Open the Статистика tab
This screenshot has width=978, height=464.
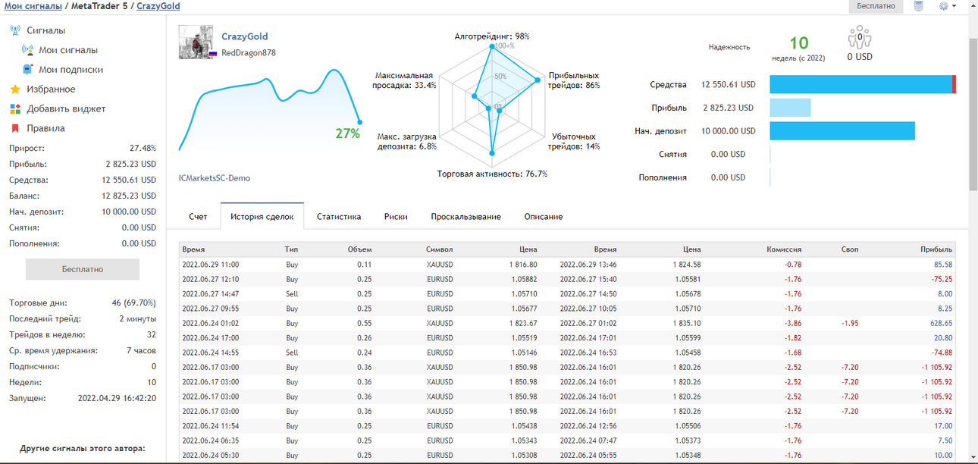pos(339,217)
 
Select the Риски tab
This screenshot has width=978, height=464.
pos(396,217)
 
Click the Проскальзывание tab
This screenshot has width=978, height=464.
pos(465,217)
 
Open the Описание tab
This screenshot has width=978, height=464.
pos(543,217)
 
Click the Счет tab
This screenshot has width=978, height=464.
pos(198,217)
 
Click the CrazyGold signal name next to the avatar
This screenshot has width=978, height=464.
pos(244,36)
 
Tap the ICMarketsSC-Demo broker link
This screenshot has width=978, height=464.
pos(215,178)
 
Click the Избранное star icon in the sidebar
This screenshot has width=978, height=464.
pos(15,89)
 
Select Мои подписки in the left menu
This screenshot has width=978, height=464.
pos(71,70)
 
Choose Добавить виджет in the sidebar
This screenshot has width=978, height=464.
pos(66,108)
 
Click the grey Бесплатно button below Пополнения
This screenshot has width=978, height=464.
pos(83,269)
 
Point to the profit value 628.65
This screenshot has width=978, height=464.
pos(941,324)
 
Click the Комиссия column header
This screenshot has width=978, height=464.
pos(784,249)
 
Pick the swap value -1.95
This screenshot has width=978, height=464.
pos(850,324)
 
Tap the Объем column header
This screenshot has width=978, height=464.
pos(359,249)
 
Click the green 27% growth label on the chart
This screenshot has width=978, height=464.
pos(347,133)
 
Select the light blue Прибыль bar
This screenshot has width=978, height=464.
pos(790,108)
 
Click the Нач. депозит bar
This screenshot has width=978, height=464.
pos(842,131)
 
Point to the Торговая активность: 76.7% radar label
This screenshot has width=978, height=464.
pos(492,174)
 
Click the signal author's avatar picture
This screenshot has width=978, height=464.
pos(196,42)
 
